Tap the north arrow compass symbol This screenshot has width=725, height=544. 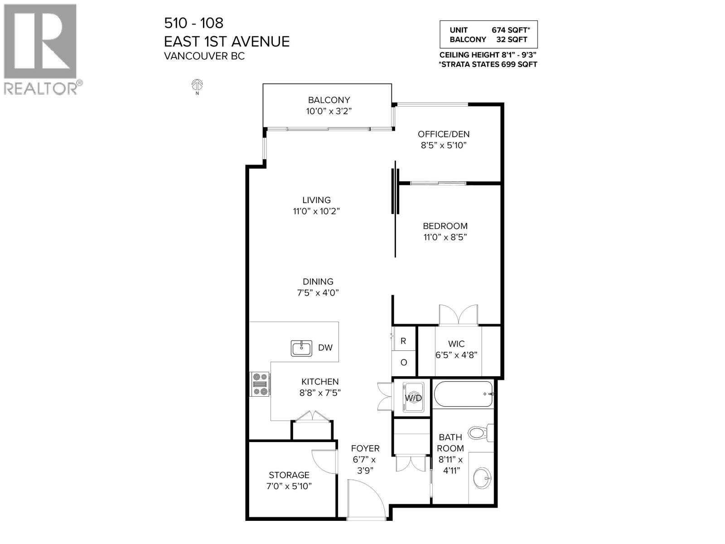[x=197, y=85]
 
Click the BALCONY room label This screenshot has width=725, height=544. [x=329, y=100]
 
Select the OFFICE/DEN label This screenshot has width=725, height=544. [x=444, y=134]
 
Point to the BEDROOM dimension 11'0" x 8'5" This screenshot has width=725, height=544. [x=445, y=237]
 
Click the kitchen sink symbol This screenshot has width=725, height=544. [x=301, y=348]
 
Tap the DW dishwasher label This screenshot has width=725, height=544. [x=325, y=348]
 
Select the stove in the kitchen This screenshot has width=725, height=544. [x=260, y=384]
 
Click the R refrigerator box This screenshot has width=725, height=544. [x=403, y=341]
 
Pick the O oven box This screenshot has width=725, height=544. [x=403, y=363]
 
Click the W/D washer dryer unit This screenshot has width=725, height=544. [x=413, y=398]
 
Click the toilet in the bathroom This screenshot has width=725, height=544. [x=479, y=432]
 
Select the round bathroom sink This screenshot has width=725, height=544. [x=482, y=478]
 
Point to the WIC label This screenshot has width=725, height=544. [x=456, y=344]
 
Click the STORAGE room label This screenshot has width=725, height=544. [x=289, y=475]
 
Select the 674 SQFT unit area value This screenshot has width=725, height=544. [x=510, y=30]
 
